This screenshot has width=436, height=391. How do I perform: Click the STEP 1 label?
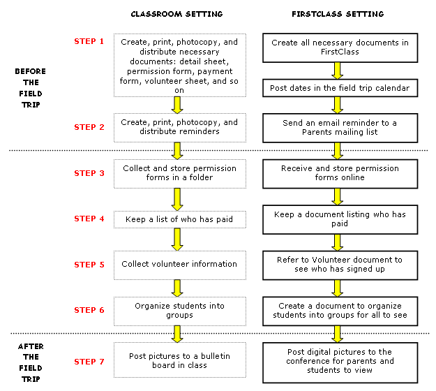(x=89, y=41)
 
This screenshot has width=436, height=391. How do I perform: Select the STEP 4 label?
(x=89, y=219)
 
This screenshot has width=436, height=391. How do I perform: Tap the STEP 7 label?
(x=89, y=362)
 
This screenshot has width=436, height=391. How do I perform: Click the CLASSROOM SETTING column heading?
(x=177, y=14)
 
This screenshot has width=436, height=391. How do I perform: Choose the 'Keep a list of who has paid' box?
(x=179, y=220)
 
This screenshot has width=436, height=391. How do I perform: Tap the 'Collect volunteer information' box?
(x=179, y=265)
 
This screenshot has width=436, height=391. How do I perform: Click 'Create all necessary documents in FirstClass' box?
(x=340, y=47)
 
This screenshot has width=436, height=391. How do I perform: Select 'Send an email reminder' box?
(x=340, y=127)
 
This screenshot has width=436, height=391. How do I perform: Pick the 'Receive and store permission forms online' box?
(x=340, y=173)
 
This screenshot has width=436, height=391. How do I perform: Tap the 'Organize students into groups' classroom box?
(x=179, y=310)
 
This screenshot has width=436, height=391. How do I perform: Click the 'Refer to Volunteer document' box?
(x=340, y=264)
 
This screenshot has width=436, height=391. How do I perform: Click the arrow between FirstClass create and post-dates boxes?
(x=338, y=71)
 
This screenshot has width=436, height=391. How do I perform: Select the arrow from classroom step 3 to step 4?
(x=177, y=199)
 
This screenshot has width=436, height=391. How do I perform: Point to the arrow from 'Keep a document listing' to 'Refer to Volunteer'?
(x=338, y=242)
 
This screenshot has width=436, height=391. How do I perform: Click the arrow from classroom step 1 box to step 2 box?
(x=177, y=105)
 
